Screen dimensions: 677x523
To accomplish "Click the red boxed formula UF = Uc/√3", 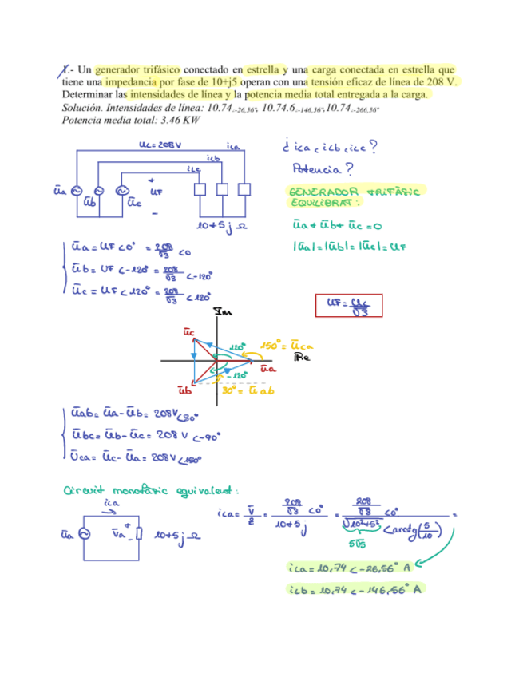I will tap(350, 305).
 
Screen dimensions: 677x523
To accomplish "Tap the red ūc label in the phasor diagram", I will tap(188, 331).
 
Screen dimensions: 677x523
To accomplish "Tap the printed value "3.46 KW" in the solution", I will tap(180, 120).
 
